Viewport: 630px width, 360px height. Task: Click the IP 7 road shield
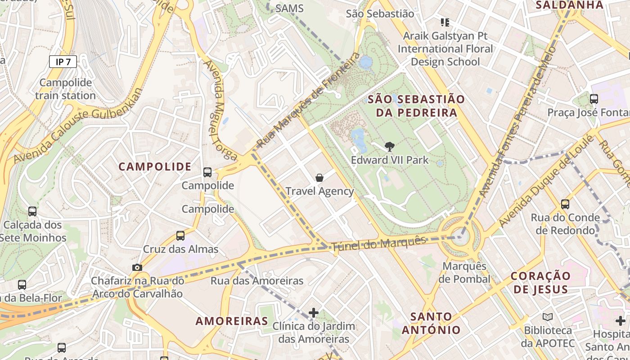(x=63, y=62)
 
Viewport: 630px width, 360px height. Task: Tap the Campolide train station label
(x=65, y=89)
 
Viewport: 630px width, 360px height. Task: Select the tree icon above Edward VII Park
(x=390, y=146)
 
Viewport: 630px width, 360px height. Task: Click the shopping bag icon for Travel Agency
(x=319, y=178)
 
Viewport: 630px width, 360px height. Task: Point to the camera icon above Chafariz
(x=137, y=267)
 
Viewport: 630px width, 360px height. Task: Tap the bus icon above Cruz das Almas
(x=180, y=235)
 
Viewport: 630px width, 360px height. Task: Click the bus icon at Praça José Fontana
(x=594, y=99)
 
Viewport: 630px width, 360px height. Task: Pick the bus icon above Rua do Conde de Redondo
(x=565, y=204)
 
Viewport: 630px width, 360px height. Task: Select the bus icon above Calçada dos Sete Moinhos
(x=32, y=211)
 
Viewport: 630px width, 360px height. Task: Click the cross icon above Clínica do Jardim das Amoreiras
(x=314, y=312)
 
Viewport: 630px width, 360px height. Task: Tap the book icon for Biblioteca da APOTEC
(x=548, y=317)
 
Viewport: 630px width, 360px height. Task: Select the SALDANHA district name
(x=569, y=5)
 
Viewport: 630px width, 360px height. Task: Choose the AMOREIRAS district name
(x=232, y=321)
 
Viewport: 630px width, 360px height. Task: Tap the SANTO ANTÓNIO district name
(x=431, y=323)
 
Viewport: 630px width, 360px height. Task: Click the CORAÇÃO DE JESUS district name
(x=540, y=282)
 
